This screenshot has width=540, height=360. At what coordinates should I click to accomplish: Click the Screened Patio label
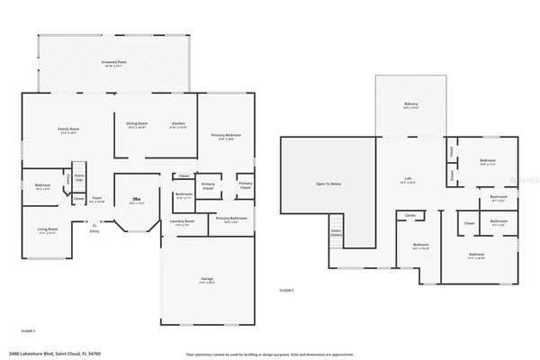click(112, 63)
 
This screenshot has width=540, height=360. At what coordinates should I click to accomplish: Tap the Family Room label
click(68, 130)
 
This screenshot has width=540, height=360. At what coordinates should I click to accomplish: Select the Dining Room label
click(137, 124)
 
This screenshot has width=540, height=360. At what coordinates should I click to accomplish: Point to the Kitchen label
click(178, 124)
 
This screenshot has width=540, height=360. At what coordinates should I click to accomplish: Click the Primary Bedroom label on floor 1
click(224, 137)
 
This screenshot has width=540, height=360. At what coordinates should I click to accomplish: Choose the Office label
click(137, 200)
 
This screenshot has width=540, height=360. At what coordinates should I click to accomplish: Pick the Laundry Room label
click(181, 224)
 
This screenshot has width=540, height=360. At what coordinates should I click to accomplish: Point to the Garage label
click(207, 281)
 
